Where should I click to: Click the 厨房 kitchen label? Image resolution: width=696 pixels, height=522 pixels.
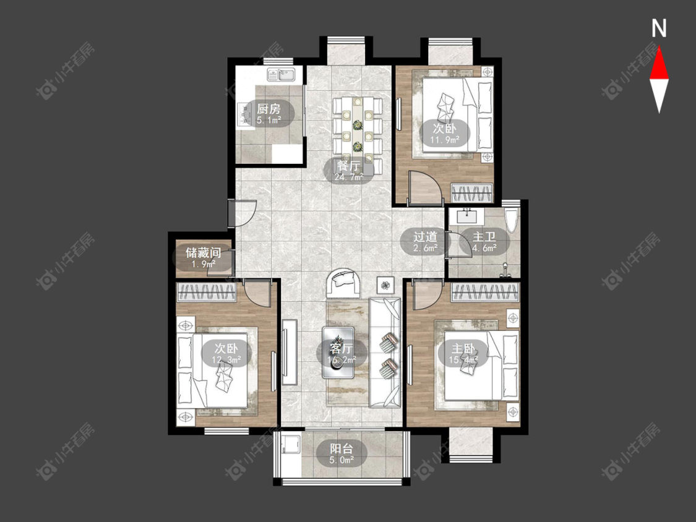coord(269,109)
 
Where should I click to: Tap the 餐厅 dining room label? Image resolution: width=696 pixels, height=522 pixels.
coord(348,166)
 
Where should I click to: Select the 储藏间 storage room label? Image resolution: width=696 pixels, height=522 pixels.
coord(204,253)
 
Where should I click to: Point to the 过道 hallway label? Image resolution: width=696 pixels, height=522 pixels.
coord(425,237)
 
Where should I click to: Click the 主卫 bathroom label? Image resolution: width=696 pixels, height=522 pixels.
coord(484,237)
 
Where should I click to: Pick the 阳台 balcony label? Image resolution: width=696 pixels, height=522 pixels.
coord(342,448)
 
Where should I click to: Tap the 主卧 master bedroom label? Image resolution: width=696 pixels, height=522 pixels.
coord(463,348)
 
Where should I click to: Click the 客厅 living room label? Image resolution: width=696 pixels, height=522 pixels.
coord(342,348)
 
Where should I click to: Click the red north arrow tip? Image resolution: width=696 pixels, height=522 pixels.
coord(659,47)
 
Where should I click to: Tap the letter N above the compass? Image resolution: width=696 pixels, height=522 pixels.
coord(659,28)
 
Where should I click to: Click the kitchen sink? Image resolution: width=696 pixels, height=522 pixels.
coord(281,75)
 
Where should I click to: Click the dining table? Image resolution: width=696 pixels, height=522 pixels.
coord(358,132)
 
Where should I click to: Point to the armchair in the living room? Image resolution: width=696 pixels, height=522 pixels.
coord(343,283)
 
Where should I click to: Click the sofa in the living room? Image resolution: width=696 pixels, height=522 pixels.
coord(385,353)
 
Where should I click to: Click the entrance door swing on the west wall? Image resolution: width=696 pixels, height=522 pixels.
coord(243,213)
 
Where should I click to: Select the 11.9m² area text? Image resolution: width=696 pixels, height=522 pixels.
coord(444,139)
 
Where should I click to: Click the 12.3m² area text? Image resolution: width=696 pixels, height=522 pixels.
coord(226,359)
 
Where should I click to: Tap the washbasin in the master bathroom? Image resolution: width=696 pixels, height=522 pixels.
coord(466,216)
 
